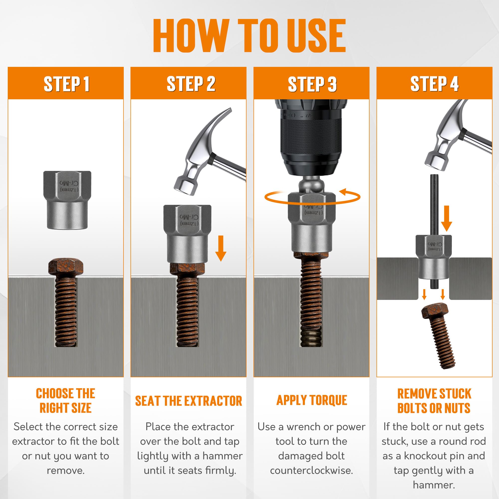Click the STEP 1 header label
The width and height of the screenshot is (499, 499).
tap(67, 84)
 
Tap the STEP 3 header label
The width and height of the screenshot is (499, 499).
tap(312, 84)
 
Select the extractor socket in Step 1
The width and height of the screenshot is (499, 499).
tap(67, 200)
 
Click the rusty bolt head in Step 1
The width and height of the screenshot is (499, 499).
tap(66, 267)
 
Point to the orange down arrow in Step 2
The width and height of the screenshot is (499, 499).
tap(221, 248)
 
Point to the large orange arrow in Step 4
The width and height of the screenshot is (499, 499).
tap(446, 218)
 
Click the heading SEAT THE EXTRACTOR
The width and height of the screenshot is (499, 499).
tap(189, 401)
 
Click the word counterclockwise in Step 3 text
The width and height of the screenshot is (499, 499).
tap(311, 470)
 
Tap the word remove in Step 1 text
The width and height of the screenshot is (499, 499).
tap(66, 471)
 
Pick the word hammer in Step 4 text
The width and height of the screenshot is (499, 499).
tap(434, 485)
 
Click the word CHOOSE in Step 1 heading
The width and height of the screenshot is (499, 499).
tap(55, 394)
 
